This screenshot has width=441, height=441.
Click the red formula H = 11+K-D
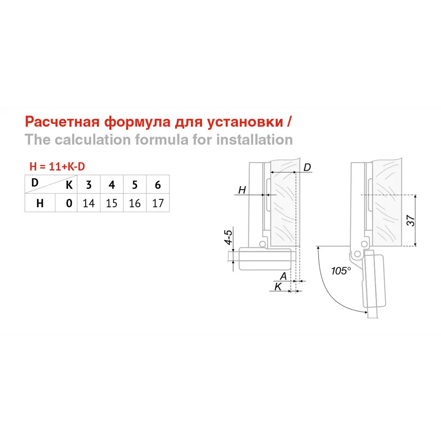pyautogui.click(x=57, y=167)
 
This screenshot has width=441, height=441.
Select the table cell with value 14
pyautogui.click(x=89, y=203)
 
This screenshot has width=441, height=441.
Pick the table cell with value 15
pyautogui.click(x=112, y=203)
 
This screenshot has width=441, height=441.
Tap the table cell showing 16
pyautogui.click(x=135, y=203)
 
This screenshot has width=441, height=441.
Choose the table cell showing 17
pyautogui.click(x=157, y=203)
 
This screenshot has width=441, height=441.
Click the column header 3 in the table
pyautogui.click(x=89, y=185)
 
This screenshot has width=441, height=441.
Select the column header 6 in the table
pyautogui.click(x=158, y=185)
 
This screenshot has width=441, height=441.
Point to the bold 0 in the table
pyautogui.click(x=69, y=203)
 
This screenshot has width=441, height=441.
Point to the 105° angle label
pyautogui.click(x=341, y=271)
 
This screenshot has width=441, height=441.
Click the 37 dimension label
pyautogui.click(x=410, y=220)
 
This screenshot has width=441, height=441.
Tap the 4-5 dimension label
pyautogui.click(x=228, y=237)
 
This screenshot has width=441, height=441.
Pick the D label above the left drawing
pyautogui.click(x=308, y=167)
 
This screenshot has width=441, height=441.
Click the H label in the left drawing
pyautogui.click(x=242, y=190)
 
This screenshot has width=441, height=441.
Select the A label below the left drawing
pyautogui.click(x=284, y=276)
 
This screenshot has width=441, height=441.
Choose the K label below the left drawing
pyautogui.click(x=278, y=287)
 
